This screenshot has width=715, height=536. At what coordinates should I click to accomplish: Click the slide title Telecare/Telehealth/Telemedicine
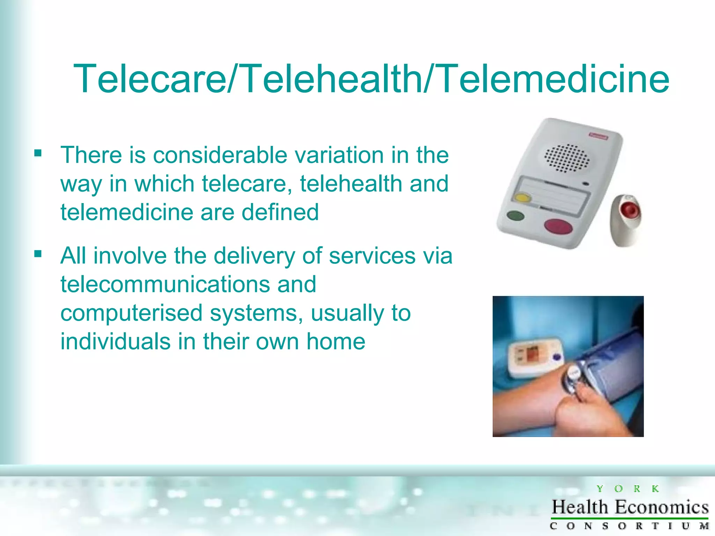[371, 79]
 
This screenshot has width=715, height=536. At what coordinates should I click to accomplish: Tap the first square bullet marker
[38, 153]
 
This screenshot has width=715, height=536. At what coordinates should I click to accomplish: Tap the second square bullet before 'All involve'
[38, 254]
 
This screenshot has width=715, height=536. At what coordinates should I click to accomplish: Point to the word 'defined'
[280, 212]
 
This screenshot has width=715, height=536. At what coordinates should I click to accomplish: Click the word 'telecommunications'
[165, 284]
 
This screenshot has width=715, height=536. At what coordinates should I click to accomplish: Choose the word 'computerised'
[131, 313]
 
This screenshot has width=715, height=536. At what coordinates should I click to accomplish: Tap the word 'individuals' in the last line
[116, 341]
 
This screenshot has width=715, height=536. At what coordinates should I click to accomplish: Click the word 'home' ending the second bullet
[336, 341]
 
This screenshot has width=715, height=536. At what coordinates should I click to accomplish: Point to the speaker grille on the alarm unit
[567, 158]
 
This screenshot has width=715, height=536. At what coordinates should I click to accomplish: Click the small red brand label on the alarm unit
[598, 136]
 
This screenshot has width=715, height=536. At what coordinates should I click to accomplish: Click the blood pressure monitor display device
[534, 358]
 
